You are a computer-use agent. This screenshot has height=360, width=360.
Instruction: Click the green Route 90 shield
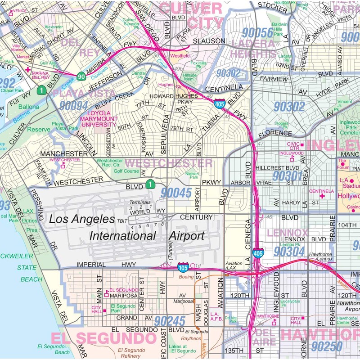(81, 76)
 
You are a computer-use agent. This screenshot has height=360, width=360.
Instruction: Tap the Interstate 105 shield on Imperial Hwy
(183, 267)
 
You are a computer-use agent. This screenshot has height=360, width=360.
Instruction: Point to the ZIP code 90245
(169, 321)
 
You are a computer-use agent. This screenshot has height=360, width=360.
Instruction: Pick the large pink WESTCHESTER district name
(168, 163)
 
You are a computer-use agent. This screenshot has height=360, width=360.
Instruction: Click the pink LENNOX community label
(287, 233)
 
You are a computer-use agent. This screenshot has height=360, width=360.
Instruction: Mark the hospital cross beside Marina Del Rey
(28, 70)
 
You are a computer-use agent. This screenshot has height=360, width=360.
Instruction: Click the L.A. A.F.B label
(214, 316)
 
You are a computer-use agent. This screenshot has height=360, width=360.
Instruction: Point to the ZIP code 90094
(74, 105)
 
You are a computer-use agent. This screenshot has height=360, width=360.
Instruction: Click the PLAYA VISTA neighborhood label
(81, 94)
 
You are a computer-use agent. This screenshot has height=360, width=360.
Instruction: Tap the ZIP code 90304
(290, 251)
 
